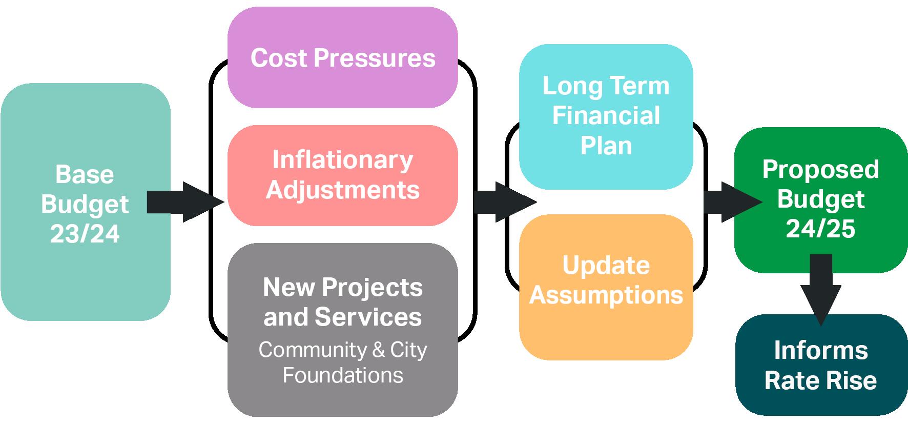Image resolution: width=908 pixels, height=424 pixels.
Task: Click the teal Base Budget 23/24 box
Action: tap(85, 128)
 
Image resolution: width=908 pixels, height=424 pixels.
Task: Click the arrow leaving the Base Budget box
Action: tap(184, 202)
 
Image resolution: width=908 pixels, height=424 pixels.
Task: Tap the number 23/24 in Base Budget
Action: tap(85, 234)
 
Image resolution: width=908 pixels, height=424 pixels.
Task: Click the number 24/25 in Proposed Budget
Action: tap(821, 229)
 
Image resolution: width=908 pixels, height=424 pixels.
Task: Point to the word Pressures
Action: tap(375, 58)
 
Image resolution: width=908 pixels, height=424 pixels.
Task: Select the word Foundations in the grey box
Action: tap(343, 375)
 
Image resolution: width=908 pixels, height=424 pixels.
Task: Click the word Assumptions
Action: tap(606, 295)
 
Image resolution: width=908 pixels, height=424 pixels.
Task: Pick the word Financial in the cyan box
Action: tap(606, 116)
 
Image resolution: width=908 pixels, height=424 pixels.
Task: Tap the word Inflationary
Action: tap(343, 160)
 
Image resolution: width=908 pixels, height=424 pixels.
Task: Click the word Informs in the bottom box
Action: tap(821, 351)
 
